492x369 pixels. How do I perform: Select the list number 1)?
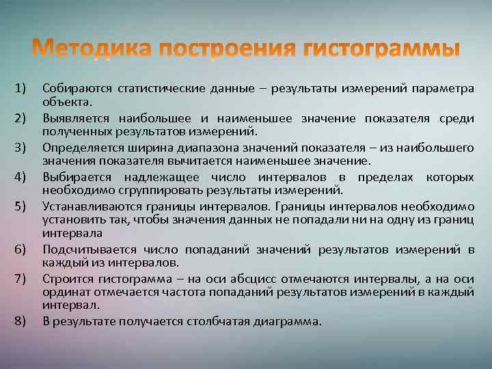point(20,89)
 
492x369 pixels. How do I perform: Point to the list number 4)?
point(20,178)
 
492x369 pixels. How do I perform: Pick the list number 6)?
point(20,249)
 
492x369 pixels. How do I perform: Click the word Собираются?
point(77,88)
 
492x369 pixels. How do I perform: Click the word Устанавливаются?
point(90,205)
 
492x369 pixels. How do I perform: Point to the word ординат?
point(63,292)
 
